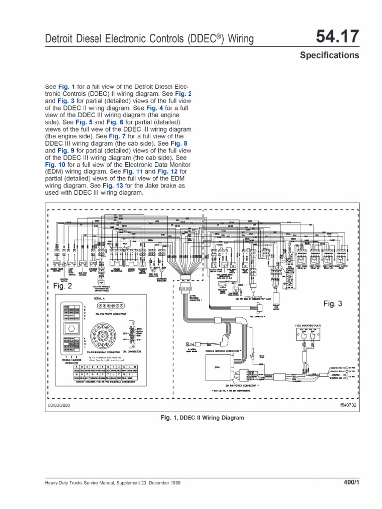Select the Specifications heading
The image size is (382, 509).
click(329, 55)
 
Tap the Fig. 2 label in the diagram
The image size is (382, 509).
click(63, 286)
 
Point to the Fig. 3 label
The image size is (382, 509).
click(333, 303)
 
